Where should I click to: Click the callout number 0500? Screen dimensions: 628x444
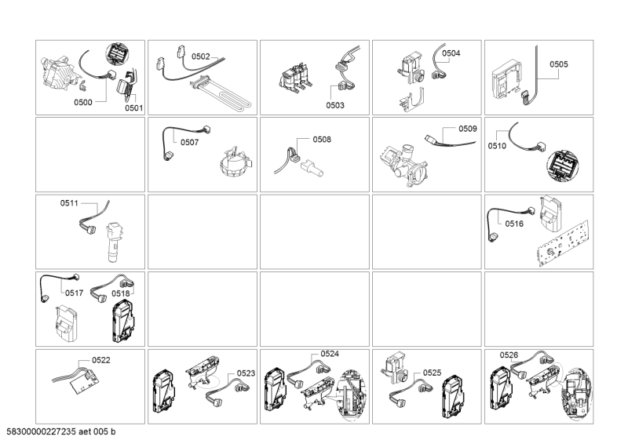[83, 102]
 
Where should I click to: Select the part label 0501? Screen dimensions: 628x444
[133, 107]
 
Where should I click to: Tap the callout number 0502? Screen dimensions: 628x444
[201, 56]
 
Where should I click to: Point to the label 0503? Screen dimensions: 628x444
[335, 105]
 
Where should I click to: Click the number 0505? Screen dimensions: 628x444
[559, 64]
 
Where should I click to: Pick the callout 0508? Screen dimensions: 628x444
[322, 140]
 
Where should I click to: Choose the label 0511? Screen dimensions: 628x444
[69, 203]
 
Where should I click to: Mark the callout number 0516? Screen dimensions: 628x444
[514, 224]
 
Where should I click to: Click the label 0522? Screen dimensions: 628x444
[101, 360]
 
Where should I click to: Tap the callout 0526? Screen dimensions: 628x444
[509, 355]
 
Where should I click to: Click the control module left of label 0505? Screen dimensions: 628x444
[506, 82]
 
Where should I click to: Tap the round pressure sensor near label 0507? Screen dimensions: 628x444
[235, 163]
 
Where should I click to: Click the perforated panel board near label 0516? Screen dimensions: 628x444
[563, 243]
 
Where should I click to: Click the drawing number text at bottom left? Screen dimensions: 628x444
[61, 431]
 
